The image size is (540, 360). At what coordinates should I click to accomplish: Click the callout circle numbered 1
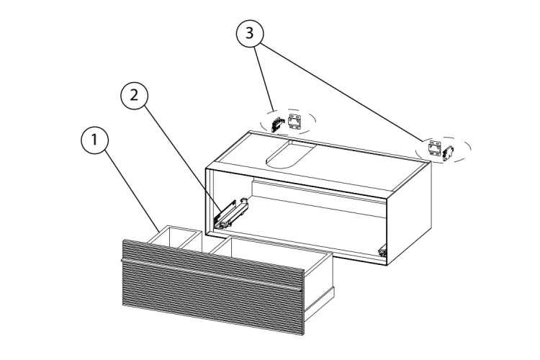click(94, 140)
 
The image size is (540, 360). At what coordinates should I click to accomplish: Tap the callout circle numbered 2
click(135, 95)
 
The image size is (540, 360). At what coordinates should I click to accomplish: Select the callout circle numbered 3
click(250, 33)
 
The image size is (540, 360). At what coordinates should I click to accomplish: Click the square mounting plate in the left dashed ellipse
click(294, 122)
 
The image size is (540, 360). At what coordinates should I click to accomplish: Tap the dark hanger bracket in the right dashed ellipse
click(448, 153)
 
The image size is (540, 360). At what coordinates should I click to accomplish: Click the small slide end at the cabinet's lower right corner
click(382, 252)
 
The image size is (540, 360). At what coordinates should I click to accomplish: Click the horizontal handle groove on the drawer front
click(212, 274)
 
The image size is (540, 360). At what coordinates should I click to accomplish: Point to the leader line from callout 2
click(183, 158)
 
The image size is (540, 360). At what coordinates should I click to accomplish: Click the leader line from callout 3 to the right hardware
click(342, 93)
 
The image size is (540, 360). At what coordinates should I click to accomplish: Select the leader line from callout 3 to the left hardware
click(264, 79)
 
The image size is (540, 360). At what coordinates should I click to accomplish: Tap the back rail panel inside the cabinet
click(318, 197)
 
